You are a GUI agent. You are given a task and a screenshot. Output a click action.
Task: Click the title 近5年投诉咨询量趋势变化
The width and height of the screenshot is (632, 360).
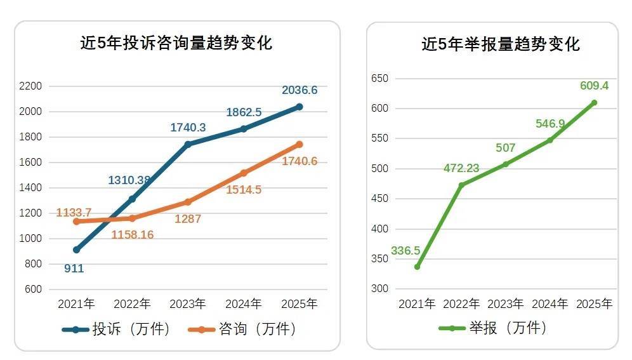pyautogui.click(x=176, y=44)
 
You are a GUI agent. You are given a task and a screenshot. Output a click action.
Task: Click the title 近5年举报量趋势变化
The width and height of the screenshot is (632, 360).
pyautogui.click(x=501, y=44)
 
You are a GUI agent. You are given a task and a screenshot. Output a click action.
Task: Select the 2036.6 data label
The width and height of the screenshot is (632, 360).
pyautogui.click(x=300, y=91)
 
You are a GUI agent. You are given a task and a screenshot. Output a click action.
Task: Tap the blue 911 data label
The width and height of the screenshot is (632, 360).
pyautogui.click(x=74, y=269)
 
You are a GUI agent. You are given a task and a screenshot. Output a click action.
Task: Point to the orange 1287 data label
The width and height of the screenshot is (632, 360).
pyautogui.click(x=188, y=219)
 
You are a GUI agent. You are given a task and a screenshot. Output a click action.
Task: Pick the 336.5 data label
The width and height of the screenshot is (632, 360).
pyautogui.click(x=405, y=251)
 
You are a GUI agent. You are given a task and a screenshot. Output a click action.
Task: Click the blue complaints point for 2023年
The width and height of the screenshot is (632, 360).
pyautogui.click(x=188, y=144)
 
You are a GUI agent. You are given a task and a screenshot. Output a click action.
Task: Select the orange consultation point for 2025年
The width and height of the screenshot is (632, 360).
pyautogui.click(x=300, y=144)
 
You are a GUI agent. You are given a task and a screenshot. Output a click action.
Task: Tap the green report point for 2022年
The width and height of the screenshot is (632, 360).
pyautogui.click(x=461, y=185)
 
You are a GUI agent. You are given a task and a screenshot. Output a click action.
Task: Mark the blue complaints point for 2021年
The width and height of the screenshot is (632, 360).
pyautogui.click(x=76, y=250)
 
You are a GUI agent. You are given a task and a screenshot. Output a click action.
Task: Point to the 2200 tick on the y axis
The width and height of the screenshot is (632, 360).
pyautogui.click(x=31, y=86)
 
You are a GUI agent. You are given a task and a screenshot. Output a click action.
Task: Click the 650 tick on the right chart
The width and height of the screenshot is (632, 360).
pyautogui.click(x=379, y=79)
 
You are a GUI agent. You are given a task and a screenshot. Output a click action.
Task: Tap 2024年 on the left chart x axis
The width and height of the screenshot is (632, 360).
pyautogui.click(x=244, y=304)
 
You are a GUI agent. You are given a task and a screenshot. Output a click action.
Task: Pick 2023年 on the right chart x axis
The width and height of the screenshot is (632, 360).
pyautogui.click(x=506, y=304)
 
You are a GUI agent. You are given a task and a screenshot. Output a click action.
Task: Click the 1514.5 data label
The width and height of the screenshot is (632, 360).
pyautogui.click(x=244, y=190)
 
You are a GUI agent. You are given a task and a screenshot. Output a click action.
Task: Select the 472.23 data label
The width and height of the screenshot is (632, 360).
pyautogui.click(x=461, y=169)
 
